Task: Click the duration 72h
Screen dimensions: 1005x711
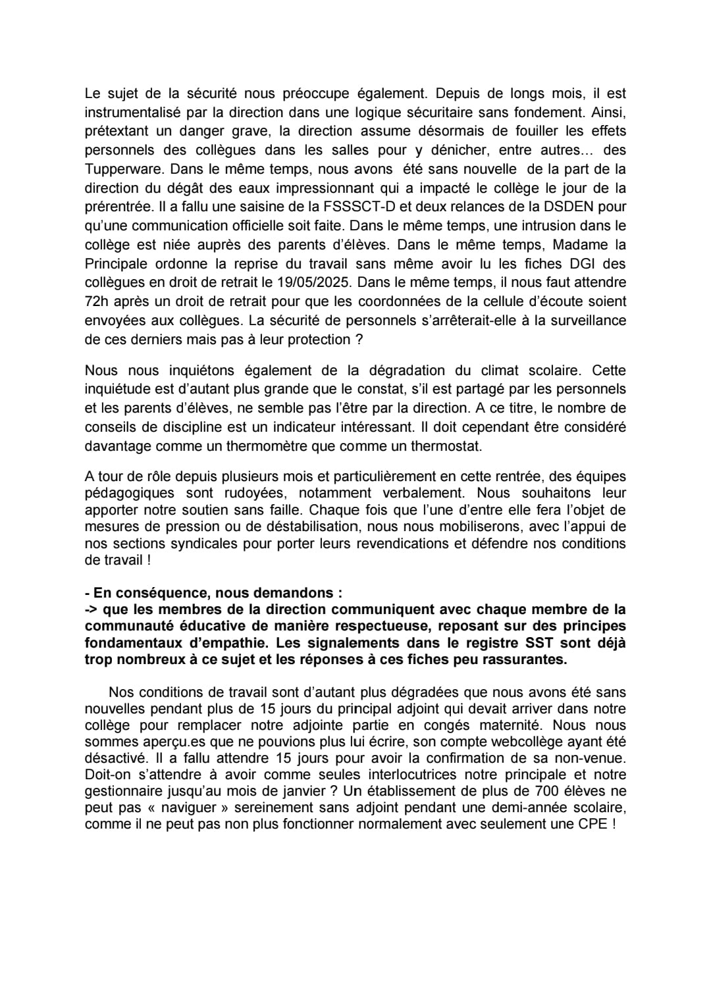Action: (97, 301)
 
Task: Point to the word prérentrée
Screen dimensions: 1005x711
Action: (118, 207)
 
